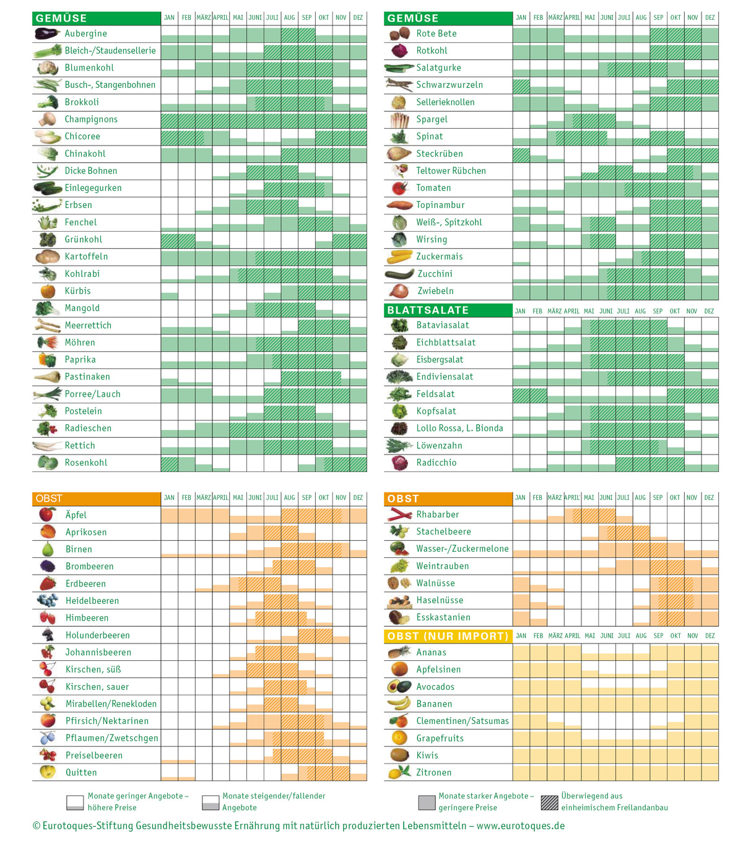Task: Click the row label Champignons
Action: (91, 120)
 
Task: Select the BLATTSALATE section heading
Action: (428, 310)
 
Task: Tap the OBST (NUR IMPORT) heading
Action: (448, 636)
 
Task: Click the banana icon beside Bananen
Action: (399, 704)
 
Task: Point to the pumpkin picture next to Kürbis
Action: (48, 290)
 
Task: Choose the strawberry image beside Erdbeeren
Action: (48, 583)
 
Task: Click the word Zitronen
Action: (433, 772)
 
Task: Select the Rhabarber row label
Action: (437, 515)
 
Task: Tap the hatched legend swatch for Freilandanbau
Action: (549, 803)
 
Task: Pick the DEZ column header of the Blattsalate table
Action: (709, 311)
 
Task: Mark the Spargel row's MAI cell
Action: (590, 120)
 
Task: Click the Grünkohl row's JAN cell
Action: (170, 240)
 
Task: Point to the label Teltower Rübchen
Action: (451, 171)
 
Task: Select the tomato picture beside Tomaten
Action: (399, 188)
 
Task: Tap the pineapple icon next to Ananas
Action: (399, 652)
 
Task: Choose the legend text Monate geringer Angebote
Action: (137, 796)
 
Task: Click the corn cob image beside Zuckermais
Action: (399, 256)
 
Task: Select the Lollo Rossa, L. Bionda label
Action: (459, 429)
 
